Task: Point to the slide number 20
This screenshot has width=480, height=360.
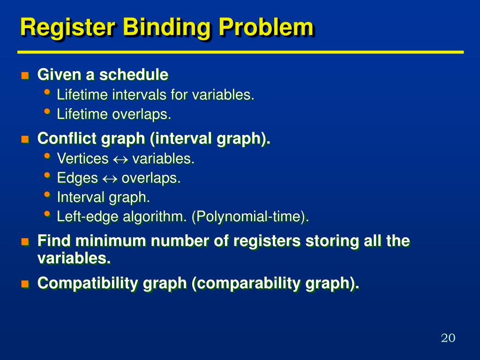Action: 448,338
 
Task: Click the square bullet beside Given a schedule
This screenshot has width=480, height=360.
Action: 25,75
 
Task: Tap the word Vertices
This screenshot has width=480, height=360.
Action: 82,159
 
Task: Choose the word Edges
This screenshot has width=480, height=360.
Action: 77,179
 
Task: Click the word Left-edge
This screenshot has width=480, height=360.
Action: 82,217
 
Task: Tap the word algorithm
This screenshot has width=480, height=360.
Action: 149,217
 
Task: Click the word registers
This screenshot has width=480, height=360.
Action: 268,241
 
